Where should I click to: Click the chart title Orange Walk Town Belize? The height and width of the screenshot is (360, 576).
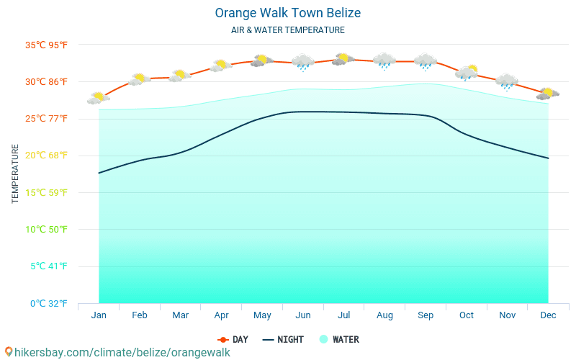(287, 13)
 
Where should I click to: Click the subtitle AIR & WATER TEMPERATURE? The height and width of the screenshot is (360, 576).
(287, 30)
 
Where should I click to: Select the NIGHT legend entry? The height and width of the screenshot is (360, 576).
(283, 339)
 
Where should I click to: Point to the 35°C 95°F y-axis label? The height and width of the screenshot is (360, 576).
(47, 45)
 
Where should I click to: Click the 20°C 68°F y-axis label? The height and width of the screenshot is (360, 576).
(47, 156)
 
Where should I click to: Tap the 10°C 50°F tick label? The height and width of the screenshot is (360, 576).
(47, 229)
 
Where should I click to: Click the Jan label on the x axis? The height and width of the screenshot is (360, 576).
(99, 315)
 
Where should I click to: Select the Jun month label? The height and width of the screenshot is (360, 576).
(303, 315)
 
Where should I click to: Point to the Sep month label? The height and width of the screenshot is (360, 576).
(426, 315)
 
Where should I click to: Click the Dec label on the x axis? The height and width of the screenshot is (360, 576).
(548, 315)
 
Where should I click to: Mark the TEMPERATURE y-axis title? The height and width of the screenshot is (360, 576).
(16, 174)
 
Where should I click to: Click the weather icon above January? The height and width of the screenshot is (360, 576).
(98, 98)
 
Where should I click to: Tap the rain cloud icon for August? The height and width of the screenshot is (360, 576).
(384, 61)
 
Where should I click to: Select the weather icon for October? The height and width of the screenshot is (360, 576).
(467, 72)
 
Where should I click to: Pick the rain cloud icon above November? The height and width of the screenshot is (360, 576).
(507, 82)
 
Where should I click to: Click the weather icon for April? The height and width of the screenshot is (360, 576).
(220, 66)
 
